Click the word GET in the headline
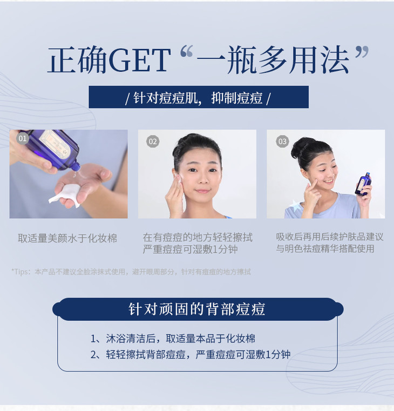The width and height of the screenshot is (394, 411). point(139,60)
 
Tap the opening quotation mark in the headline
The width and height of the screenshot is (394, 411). point(187,51)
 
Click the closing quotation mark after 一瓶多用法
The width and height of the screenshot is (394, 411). point(362,52)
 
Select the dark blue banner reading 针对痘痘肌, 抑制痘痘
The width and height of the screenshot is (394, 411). point(199,97)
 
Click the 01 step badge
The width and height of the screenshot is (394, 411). point(23,138)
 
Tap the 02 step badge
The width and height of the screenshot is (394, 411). point(152,142)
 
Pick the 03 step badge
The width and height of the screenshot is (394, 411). point(282,142)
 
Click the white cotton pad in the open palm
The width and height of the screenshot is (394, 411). point(65,194)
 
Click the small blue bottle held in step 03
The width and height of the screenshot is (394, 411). point(363,184)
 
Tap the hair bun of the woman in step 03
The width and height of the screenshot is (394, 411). point(301,147)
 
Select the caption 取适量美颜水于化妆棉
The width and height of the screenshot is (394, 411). point(67,238)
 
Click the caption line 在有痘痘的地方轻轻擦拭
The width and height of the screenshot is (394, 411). point(198,238)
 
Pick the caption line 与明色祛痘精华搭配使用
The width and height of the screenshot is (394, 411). point(325,248)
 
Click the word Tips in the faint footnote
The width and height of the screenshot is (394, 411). point(21,272)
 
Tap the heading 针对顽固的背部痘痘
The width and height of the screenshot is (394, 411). point(197,309)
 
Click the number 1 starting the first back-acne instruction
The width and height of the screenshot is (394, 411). point(93,339)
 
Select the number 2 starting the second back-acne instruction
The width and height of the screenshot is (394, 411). point(93,355)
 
